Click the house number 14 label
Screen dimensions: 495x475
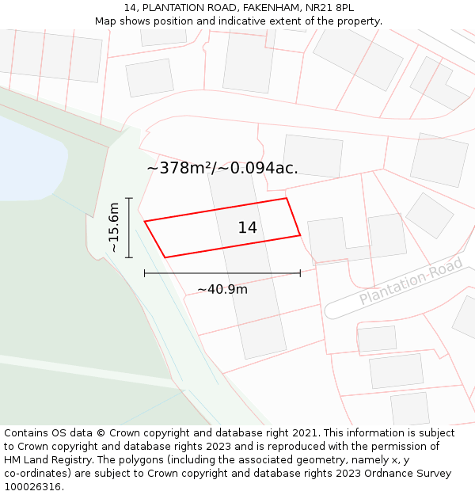point(248,228)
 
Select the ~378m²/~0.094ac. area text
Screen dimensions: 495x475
point(222,168)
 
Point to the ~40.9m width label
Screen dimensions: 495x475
point(222,290)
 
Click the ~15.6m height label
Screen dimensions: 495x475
point(114,228)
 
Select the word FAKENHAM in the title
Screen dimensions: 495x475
point(258,8)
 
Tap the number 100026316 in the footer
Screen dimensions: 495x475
point(32,487)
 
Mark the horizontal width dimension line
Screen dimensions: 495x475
point(222,273)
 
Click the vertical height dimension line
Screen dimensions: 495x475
point(129,228)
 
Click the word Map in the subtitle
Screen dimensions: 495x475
point(106,21)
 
